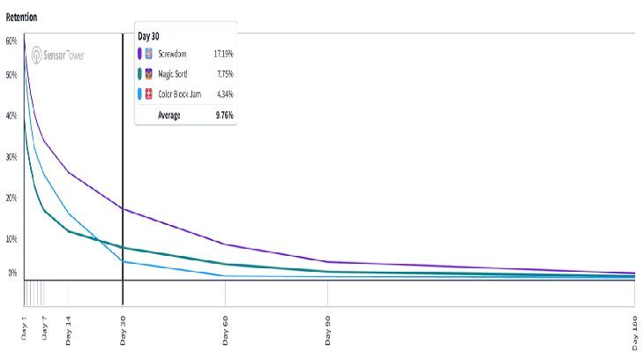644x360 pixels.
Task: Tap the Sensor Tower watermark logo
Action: point(61,56)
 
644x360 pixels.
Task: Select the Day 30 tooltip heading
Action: point(149,36)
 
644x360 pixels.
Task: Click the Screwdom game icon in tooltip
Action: point(149,54)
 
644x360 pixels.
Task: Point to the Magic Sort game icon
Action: point(149,74)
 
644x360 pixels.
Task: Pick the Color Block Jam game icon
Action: point(149,94)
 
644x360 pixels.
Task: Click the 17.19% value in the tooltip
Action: point(223,54)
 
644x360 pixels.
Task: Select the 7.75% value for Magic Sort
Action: point(225,74)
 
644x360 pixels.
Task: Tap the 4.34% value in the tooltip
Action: point(225,94)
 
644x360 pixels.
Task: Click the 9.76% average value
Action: point(224,115)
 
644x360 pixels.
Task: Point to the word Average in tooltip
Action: point(168,115)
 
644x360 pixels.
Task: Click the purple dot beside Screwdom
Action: point(139,54)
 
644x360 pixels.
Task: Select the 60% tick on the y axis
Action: point(11,41)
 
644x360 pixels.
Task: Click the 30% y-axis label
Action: point(11,156)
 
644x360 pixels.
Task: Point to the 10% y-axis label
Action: point(11,238)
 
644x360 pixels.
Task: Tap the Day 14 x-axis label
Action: point(69,328)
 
